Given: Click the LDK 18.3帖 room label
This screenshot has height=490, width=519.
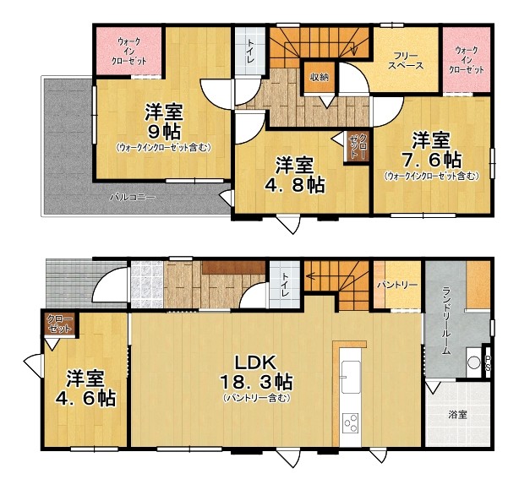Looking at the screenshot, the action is pyautogui.click(x=256, y=373).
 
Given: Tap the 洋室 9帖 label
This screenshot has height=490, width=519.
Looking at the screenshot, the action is pyautogui.click(x=164, y=122).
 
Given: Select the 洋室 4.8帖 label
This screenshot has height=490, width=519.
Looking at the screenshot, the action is pyautogui.click(x=294, y=175).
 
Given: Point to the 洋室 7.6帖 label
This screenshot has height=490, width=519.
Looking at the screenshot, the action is pyautogui.click(x=431, y=150).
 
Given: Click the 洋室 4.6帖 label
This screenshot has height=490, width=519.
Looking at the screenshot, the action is pyautogui.click(x=85, y=389).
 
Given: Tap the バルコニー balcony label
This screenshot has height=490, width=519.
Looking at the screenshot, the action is pyautogui.click(x=133, y=198).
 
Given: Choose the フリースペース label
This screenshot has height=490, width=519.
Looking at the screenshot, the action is pyautogui.click(x=406, y=61).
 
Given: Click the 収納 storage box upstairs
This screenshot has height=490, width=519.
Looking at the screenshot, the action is pyautogui.click(x=320, y=78).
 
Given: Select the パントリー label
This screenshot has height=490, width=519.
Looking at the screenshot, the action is pyautogui.click(x=397, y=285).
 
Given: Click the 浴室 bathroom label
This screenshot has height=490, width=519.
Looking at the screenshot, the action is pyautogui.click(x=457, y=415).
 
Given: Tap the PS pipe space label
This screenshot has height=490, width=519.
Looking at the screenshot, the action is pyautogui.click(x=488, y=363).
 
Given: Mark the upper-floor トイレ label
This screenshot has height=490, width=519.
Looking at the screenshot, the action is pyautogui.click(x=250, y=51).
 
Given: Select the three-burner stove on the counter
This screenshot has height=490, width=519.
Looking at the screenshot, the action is pyautogui.click(x=351, y=423).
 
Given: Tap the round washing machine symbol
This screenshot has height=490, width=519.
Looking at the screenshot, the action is pyautogui.click(x=473, y=362).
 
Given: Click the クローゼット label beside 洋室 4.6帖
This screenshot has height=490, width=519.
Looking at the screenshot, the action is pyautogui.click(x=59, y=324).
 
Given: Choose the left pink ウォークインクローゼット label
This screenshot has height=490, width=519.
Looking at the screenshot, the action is pyautogui.click(x=128, y=52).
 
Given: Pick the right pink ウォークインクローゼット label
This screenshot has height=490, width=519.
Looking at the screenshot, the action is pyautogui.click(x=466, y=60).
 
